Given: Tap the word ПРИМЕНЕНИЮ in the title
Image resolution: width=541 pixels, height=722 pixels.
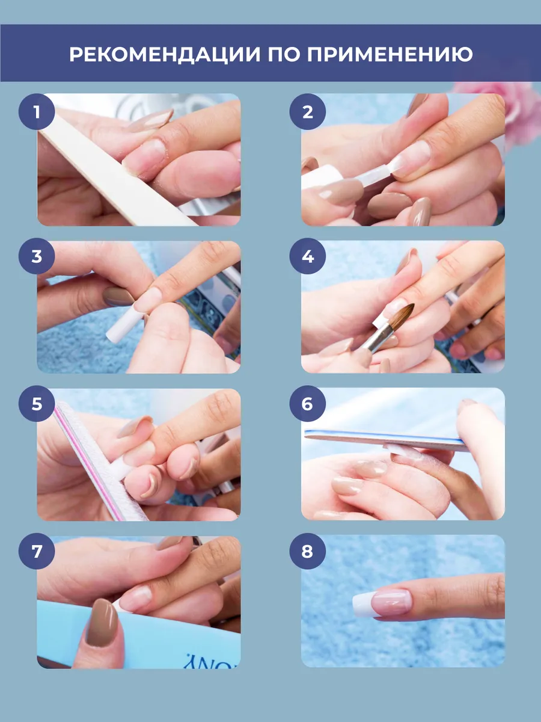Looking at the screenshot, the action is (x=390, y=54).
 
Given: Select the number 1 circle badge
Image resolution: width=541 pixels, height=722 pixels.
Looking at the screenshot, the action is (x=37, y=112).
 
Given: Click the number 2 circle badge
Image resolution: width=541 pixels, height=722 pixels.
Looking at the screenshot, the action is (x=307, y=112).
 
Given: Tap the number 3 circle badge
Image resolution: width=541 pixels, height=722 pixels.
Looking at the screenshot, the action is (x=37, y=256).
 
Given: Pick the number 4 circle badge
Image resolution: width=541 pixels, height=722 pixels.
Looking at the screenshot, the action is (x=307, y=256).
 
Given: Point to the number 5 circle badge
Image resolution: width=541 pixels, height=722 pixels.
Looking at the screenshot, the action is (x=37, y=404).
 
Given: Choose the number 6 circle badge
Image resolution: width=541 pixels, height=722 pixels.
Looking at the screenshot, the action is (x=307, y=404).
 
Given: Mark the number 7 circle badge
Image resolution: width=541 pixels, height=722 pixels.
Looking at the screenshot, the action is (x=37, y=551).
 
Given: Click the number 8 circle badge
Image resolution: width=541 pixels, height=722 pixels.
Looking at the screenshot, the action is (x=307, y=551).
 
